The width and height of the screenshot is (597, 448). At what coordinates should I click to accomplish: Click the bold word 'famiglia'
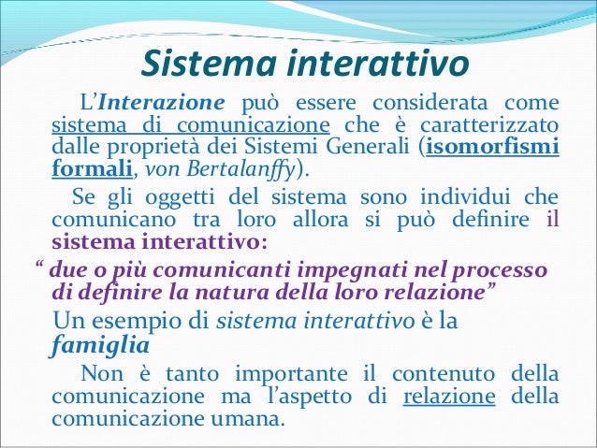point(89,347)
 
